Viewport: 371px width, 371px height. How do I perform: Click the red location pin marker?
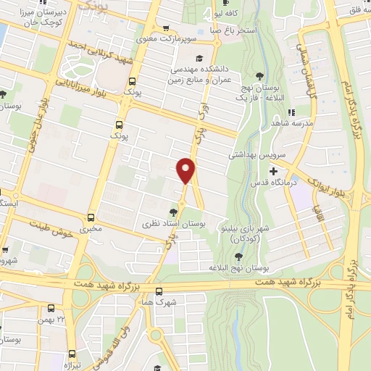coord(186,170)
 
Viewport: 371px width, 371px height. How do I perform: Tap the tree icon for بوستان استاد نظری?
coord(172,212)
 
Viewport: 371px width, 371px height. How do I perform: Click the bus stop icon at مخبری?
coord(91,217)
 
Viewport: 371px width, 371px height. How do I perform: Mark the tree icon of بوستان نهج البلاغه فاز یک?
coord(259,75)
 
